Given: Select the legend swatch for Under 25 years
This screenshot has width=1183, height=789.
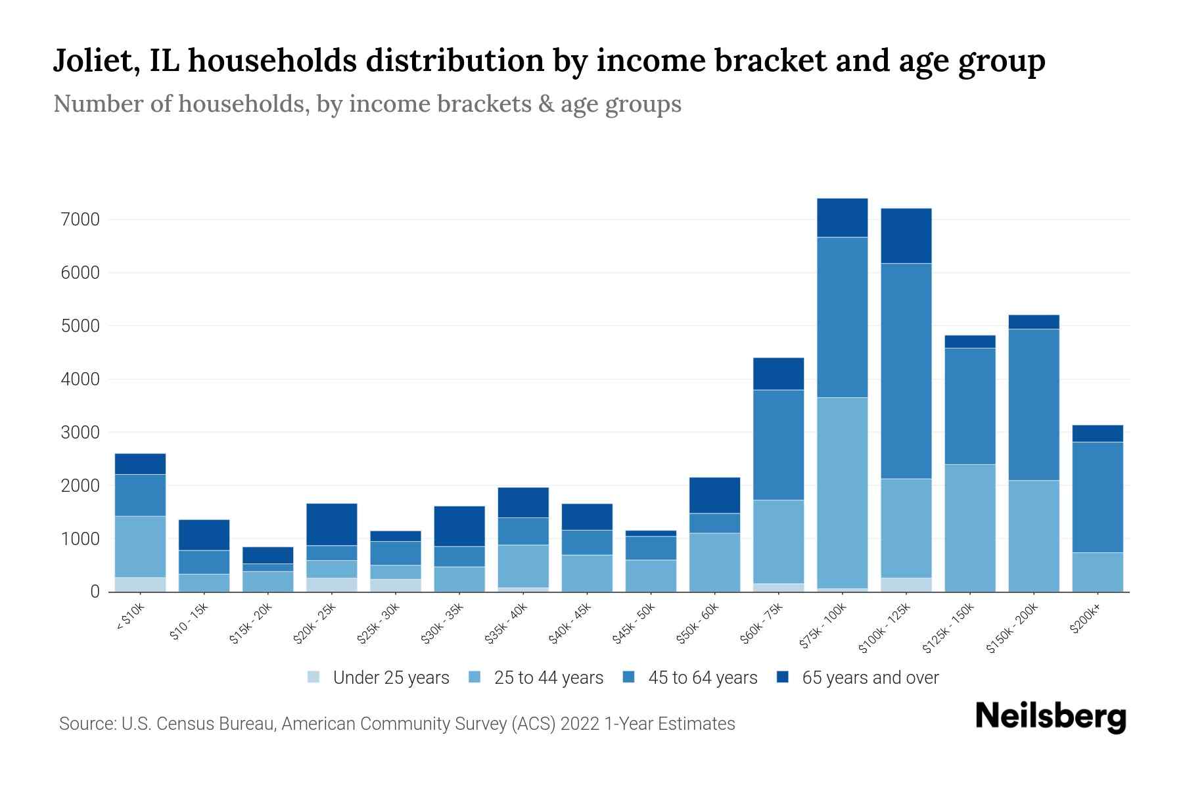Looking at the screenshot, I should tap(314, 677).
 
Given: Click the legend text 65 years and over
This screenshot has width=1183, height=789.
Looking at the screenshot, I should tap(870, 677).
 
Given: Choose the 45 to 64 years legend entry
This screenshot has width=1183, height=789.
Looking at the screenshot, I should tap(703, 677).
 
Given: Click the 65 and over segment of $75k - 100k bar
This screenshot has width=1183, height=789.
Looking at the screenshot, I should tap(842, 218).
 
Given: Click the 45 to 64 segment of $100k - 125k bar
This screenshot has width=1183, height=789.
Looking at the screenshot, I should tap(906, 371).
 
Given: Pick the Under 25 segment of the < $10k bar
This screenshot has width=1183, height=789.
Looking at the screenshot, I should tap(140, 585).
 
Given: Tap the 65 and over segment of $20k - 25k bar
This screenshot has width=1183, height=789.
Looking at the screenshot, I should tap(331, 524).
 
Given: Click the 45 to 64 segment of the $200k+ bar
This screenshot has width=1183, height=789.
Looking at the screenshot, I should tap(1097, 497).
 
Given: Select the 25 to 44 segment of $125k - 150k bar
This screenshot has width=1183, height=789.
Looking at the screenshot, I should tap(969, 527).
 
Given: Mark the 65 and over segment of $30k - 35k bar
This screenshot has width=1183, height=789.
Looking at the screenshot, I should tap(459, 526).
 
